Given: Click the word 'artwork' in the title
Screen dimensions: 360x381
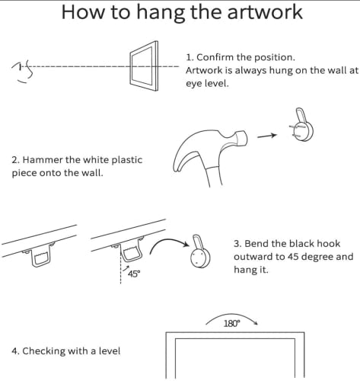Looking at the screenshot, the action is coord(265,12).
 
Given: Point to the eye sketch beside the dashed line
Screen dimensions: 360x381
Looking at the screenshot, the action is coord(22,72).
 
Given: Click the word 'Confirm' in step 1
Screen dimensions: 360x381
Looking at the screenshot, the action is coord(215,57).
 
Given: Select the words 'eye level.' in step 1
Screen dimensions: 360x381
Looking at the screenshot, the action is coord(207,83).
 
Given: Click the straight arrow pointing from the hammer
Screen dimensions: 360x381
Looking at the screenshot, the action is coord(267,136).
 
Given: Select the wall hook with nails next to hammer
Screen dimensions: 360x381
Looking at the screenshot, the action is coord(302,125).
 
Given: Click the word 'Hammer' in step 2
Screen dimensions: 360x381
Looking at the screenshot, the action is coord(43,160).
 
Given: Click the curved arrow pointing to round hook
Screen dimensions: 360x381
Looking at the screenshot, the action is coord(166,241).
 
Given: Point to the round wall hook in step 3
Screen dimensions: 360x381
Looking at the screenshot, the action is coord(200,257).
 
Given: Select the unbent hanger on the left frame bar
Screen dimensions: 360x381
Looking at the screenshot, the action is coord(41,256).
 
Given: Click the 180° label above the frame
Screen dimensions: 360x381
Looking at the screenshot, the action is coord(231,324).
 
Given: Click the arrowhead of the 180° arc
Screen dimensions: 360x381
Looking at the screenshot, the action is coord(256,322).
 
